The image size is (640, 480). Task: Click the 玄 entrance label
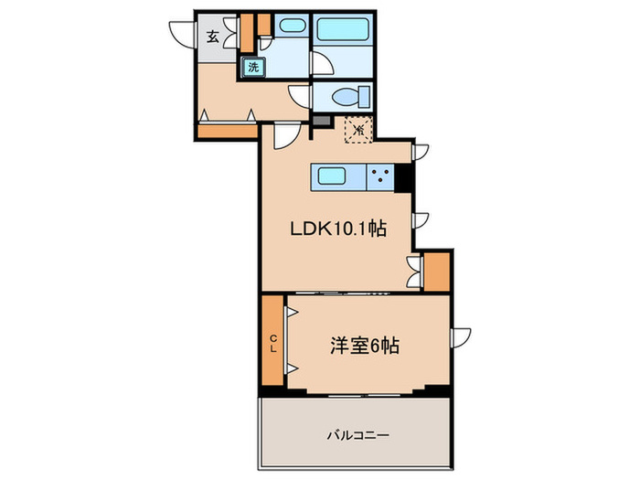pyautogui.click(x=211, y=37)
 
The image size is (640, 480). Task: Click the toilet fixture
pyautogui.click(x=348, y=96)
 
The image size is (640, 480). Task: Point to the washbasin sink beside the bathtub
pyautogui.click(x=291, y=27)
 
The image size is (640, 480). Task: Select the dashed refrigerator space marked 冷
pyautogui.click(x=359, y=129)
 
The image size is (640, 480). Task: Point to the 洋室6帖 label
pyautogui.click(x=363, y=347)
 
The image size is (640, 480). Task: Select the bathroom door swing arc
pyautogui.click(x=324, y=62)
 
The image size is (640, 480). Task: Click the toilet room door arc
pyautogui.click(x=300, y=95)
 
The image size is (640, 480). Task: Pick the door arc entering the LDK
pyautogui.click(x=283, y=135)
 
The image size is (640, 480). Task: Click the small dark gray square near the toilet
pyautogui.click(x=319, y=120)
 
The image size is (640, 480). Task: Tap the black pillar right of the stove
pyautogui.click(x=402, y=176)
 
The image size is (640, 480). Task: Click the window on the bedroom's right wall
pyautogui.click(x=463, y=336)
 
